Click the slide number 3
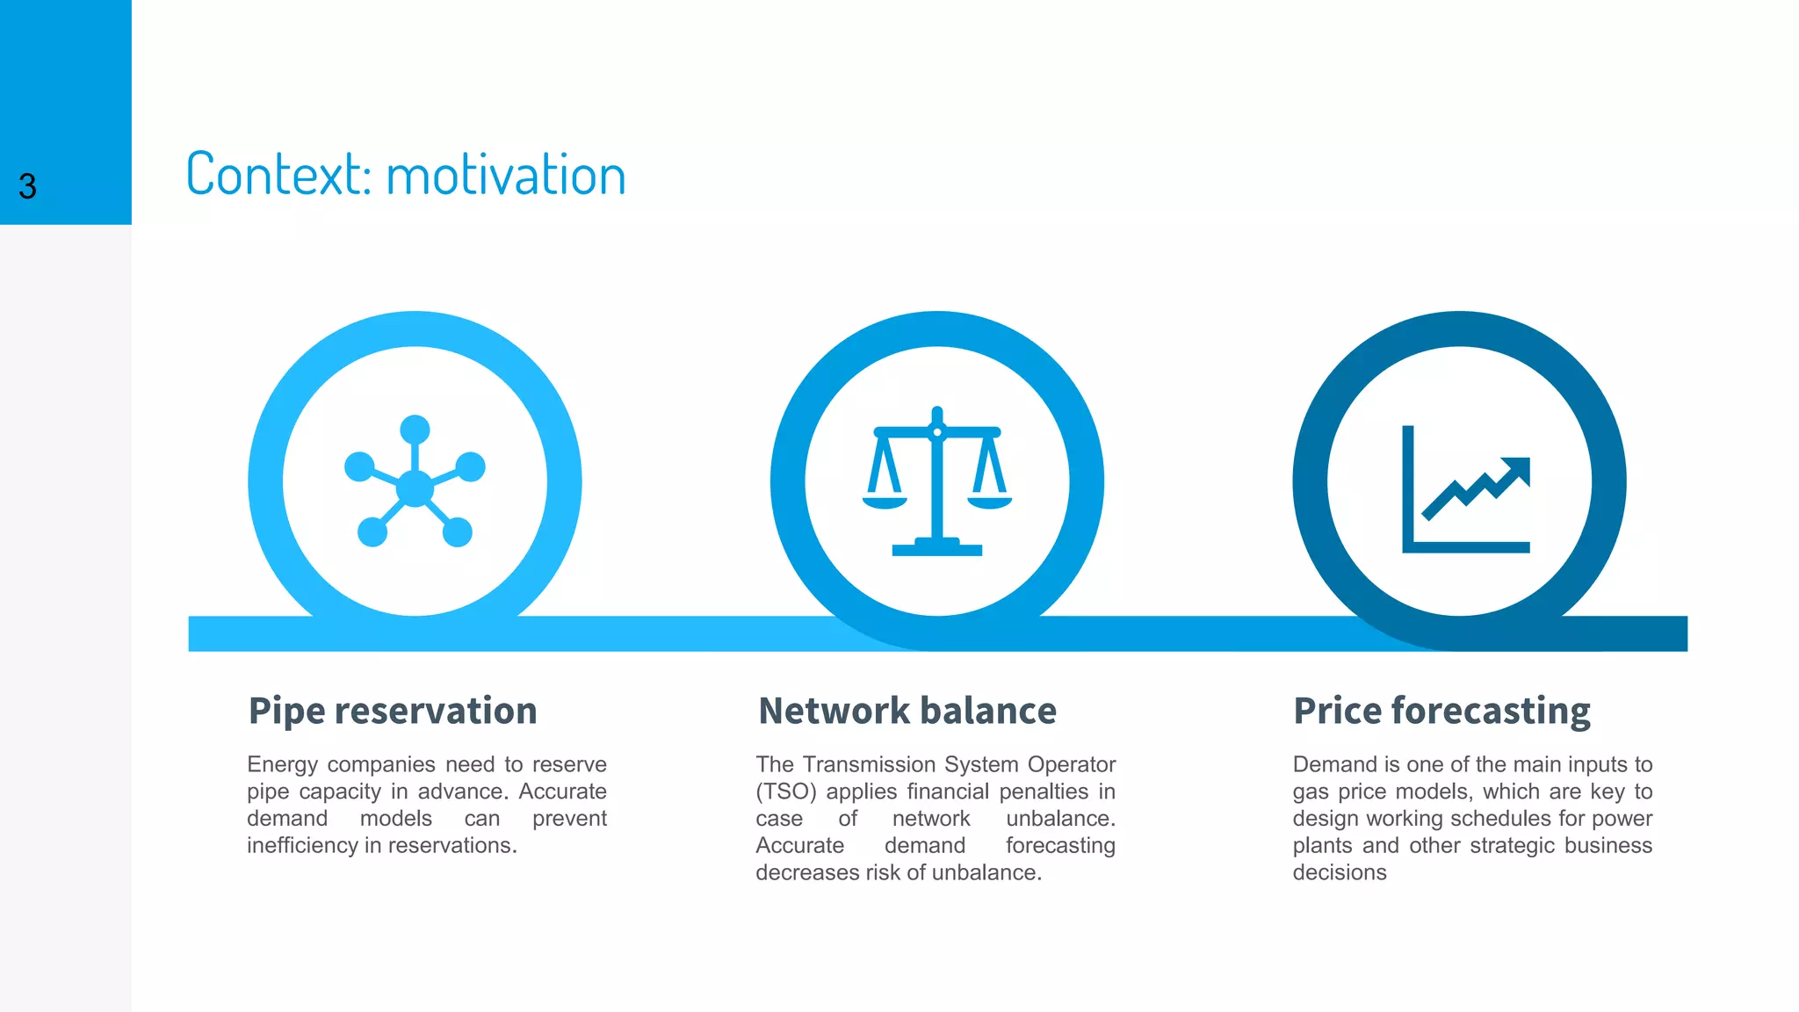click(x=27, y=186)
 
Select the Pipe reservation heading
click(x=393, y=711)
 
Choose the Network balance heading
click(x=907, y=711)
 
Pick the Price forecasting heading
click(x=1441, y=711)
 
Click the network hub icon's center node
click(x=415, y=488)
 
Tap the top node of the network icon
click(x=415, y=430)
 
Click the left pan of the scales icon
click(x=885, y=502)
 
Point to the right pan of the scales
click(x=990, y=502)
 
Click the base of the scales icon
click(x=936, y=550)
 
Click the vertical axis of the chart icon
click(x=1408, y=483)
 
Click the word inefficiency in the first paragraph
click(x=301, y=846)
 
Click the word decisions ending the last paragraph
click(x=1339, y=873)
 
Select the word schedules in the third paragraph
click(x=1502, y=819)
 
